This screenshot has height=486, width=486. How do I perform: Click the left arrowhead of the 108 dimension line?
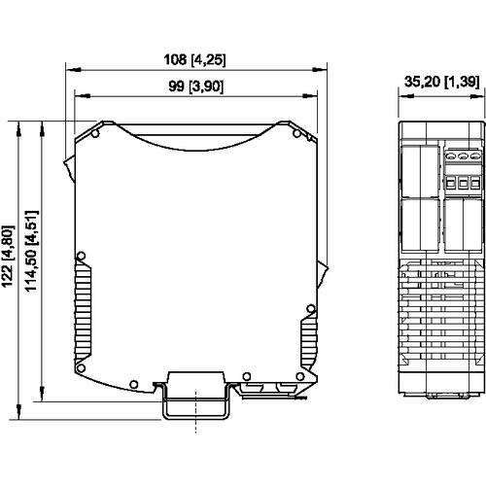pos(73,69)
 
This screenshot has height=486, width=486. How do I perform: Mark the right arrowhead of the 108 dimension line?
pos(320,69)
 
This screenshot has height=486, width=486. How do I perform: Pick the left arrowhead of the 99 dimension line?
pos(83,96)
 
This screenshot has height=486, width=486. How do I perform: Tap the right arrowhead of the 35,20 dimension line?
pos(478,96)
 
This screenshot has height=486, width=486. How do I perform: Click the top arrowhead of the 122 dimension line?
pos(18,128)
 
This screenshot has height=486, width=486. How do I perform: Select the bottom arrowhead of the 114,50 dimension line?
pos(42,394)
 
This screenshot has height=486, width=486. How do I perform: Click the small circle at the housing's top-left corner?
pos(95,133)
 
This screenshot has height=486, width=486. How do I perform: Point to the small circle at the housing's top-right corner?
pos(296,133)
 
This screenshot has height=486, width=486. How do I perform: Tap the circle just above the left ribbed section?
pos(81,257)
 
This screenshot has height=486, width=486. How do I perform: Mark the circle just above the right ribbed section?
pos(311,309)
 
